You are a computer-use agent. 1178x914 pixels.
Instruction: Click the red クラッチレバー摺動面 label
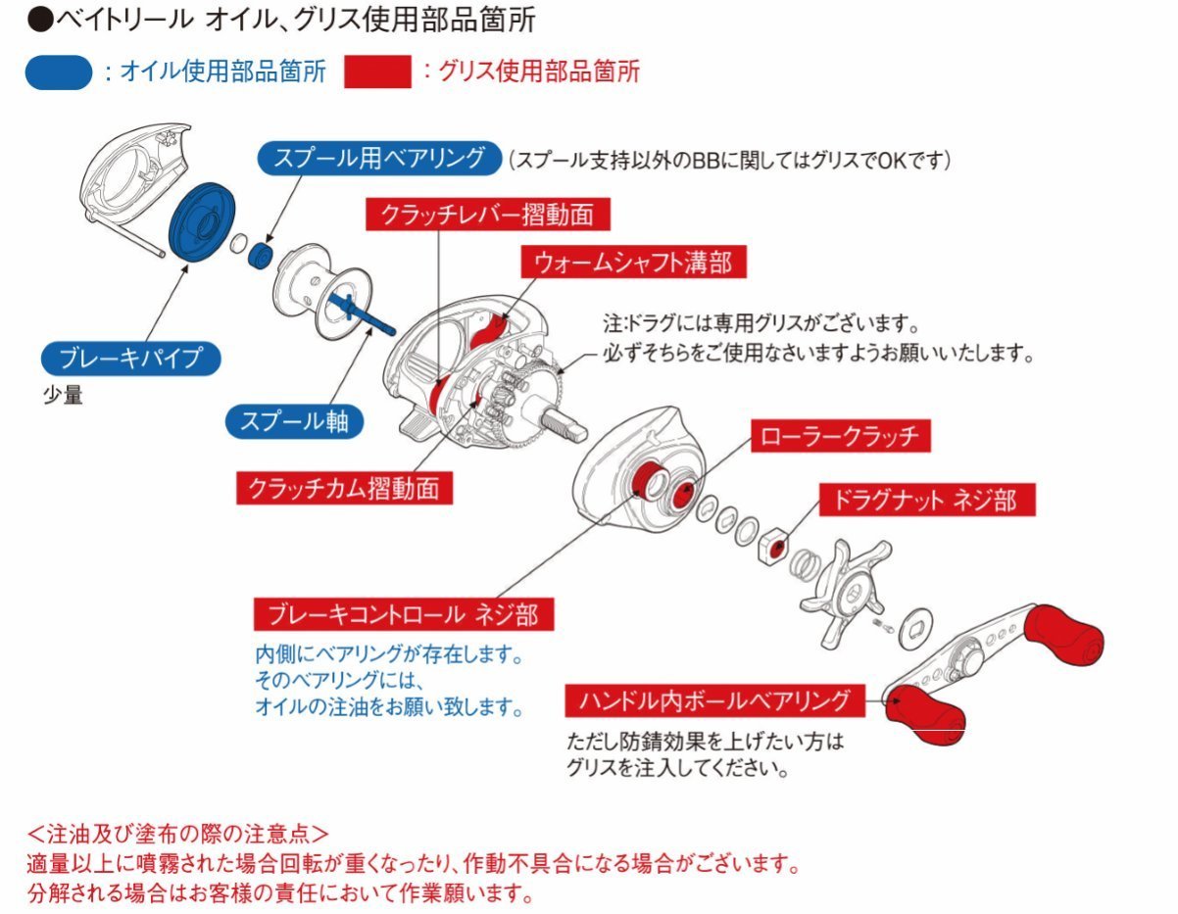[x=480, y=215]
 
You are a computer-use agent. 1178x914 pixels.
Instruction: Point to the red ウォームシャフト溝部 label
[x=632, y=262]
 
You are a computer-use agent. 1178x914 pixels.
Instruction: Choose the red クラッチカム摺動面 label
[x=344, y=487]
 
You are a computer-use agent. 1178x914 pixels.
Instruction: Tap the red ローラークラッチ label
[x=839, y=437]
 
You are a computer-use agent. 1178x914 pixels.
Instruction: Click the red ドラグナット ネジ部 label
[x=924, y=500]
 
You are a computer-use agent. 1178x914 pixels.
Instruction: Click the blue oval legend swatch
[x=59, y=72]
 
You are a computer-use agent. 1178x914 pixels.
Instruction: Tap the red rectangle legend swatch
[x=376, y=72]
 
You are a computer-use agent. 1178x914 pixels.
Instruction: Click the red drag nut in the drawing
[x=775, y=544]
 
